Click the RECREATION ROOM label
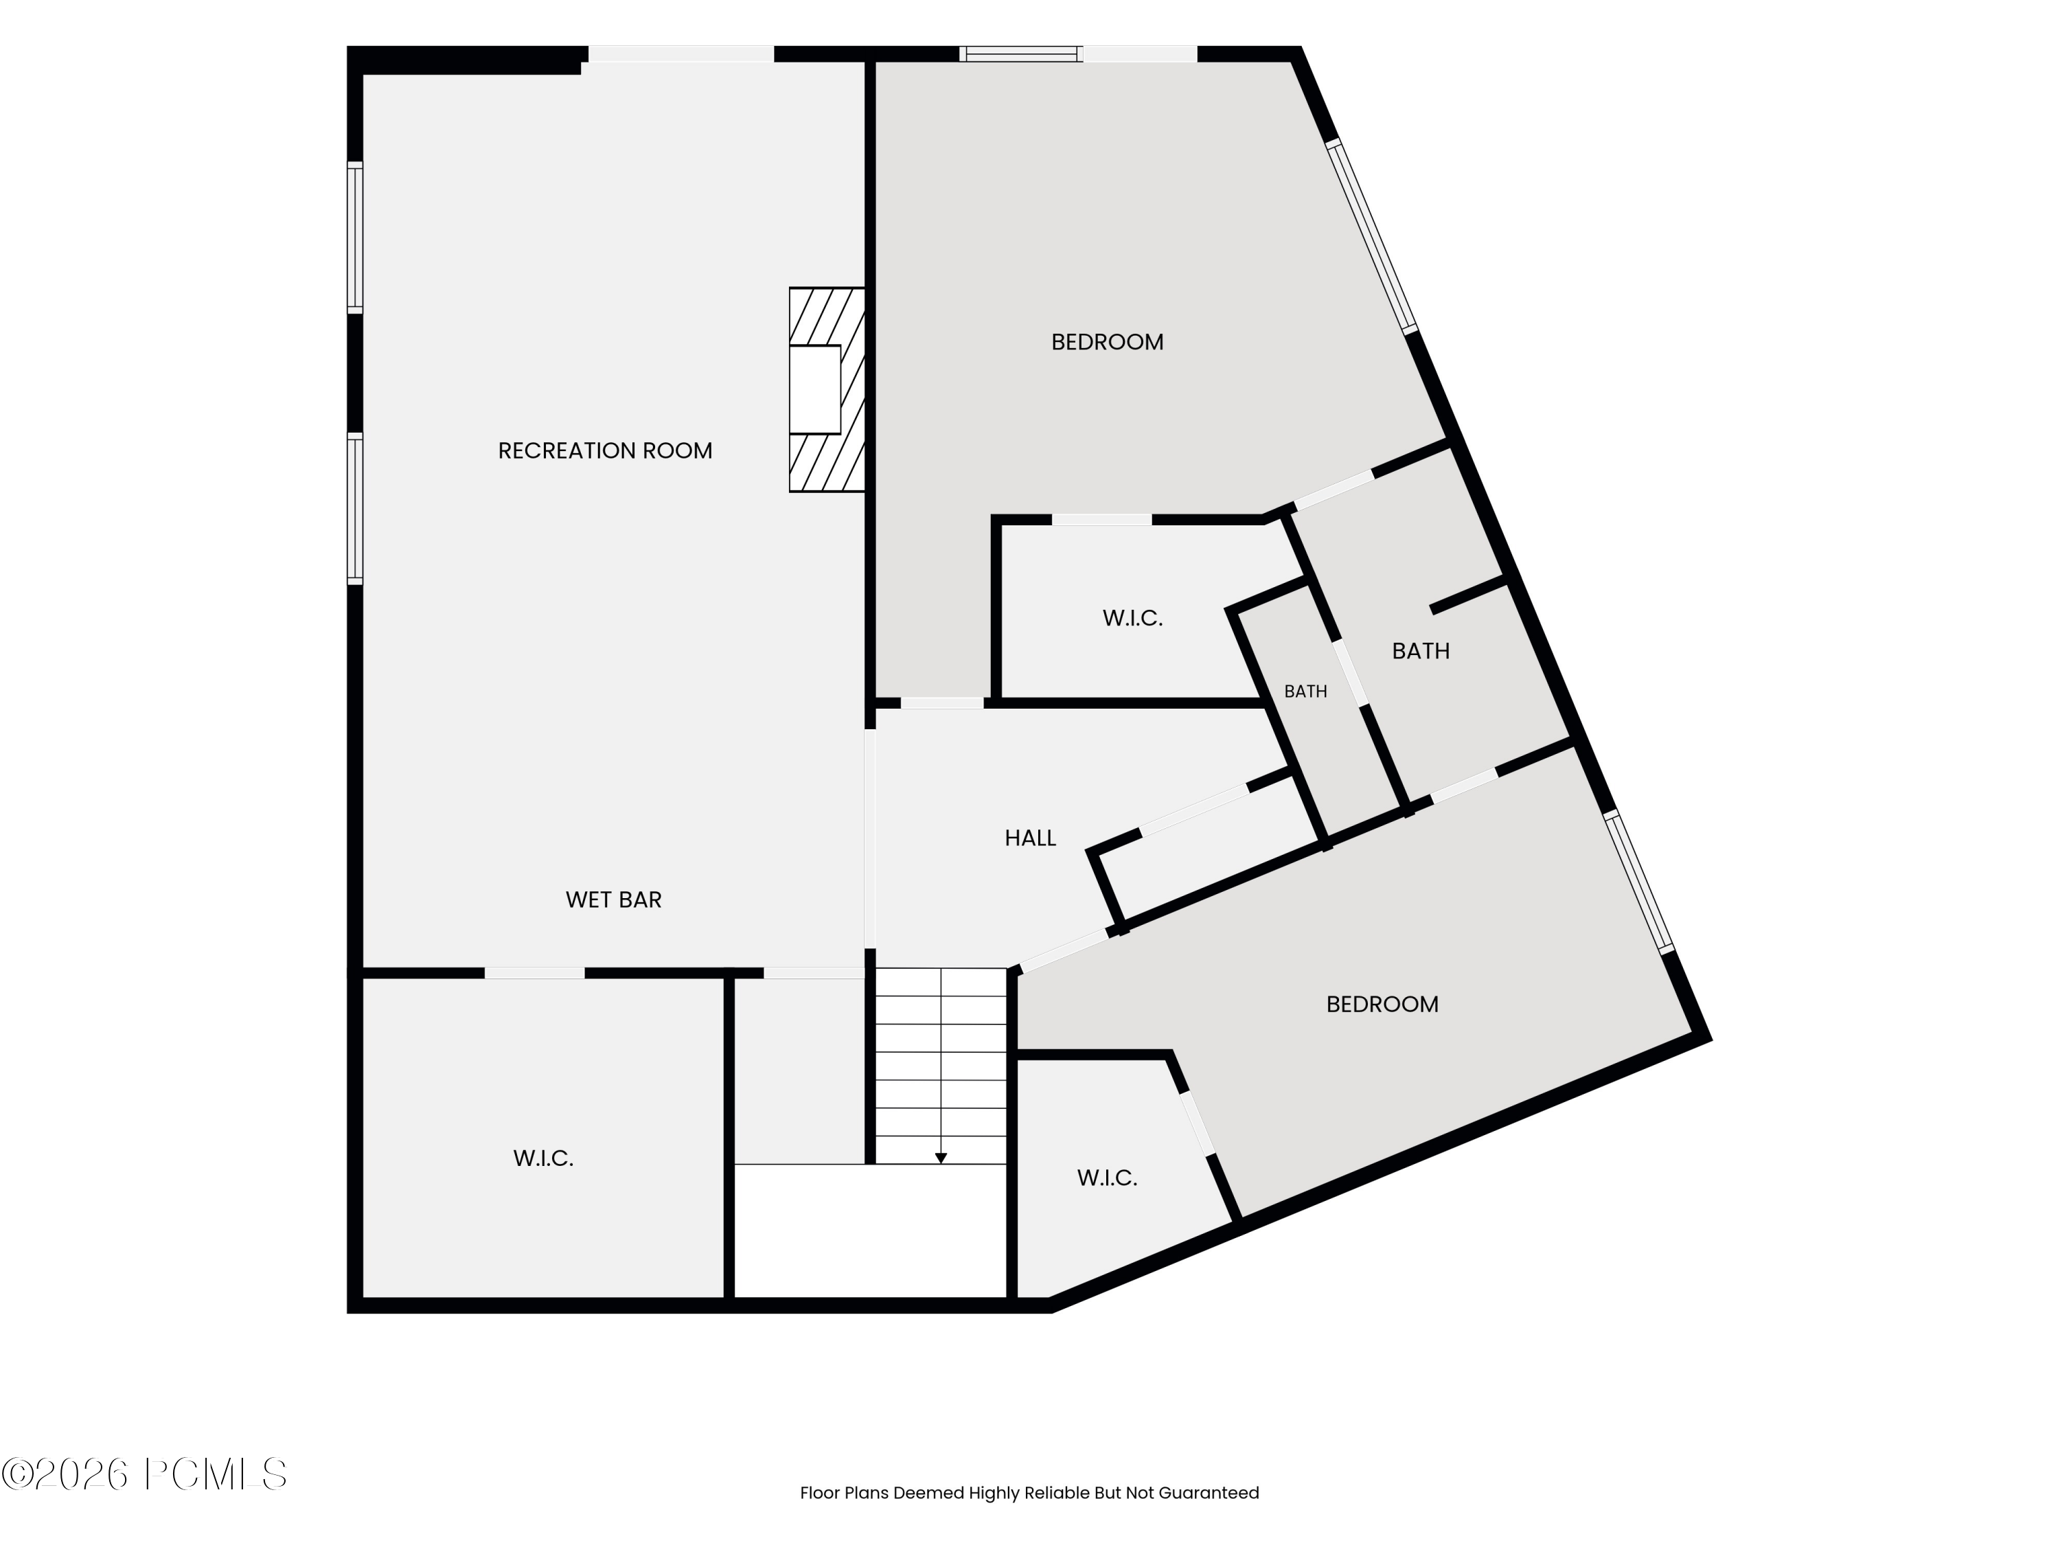point(606,450)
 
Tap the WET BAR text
point(614,900)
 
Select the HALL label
point(1030,838)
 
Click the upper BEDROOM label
point(1108,342)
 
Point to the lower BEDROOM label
point(1382,1004)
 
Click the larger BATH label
point(1420,651)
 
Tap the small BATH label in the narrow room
point(1305,691)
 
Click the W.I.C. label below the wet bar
point(543,1158)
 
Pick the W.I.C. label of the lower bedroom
point(1108,1178)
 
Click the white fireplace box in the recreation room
point(815,389)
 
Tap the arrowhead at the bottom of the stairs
point(941,1158)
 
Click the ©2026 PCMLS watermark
point(144,1474)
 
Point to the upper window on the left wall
point(355,238)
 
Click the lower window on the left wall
point(355,509)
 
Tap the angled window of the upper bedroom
point(1372,236)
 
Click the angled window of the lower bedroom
point(1639,882)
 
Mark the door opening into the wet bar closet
point(534,973)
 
